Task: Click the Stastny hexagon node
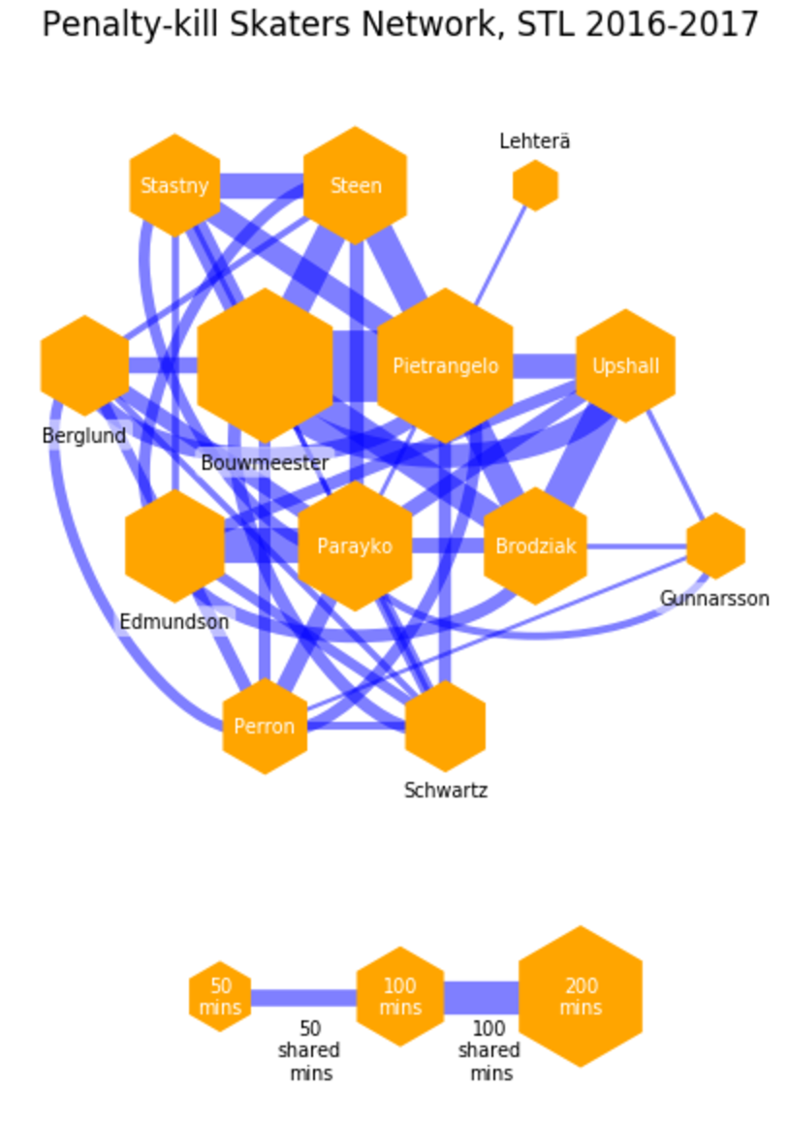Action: click(174, 185)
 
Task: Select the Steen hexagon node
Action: click(355, 185)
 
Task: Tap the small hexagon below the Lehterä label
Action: click(535, 185)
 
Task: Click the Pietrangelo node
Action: click(445, 365)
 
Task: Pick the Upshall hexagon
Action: click(625, 365)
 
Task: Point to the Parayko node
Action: click(355, 546)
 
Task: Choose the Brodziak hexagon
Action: click(535, 546)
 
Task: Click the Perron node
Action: click(265, 726)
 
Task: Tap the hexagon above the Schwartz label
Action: click(445, 726)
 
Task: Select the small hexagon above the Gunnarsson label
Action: click(715, 546)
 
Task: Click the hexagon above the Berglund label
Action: click(84, 365)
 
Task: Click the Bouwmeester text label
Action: click(265, 463)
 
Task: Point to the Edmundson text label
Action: click(174, 621)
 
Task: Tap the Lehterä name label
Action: click(535, 141)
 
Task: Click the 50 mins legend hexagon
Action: click(221, 996)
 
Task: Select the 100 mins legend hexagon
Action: click(400, 996)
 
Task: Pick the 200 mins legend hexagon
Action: click(581, 996)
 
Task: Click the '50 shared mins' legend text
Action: click(309, 1050)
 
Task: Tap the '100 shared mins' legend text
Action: click(490, 1050)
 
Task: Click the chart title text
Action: click(399, 25)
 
